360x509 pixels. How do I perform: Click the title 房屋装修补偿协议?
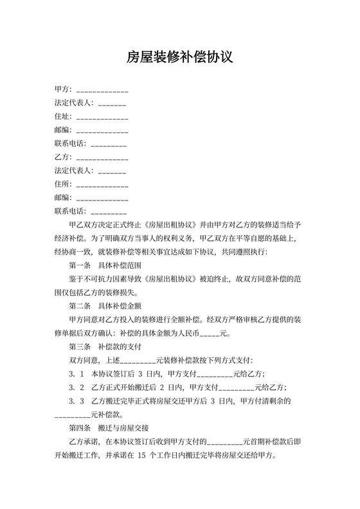point(179,57)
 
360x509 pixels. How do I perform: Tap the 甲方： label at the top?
point(64,89)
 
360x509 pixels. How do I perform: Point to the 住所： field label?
point(64,184)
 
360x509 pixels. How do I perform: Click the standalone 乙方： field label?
point(64,157)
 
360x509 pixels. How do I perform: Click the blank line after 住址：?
point(102,118)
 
